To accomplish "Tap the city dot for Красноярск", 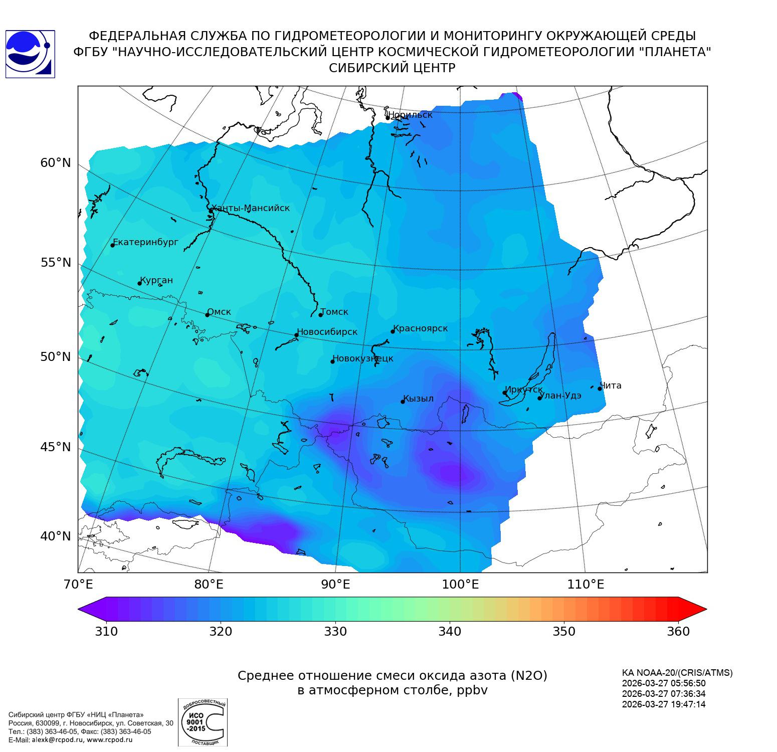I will coord(393,331).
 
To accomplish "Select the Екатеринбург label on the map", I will coord(145,242).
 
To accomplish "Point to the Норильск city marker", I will coord(387,118).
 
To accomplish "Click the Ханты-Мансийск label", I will coord(251,208).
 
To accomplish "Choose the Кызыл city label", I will coord(419,399).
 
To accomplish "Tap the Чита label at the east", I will coord(611,386).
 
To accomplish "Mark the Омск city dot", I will coord(207,315).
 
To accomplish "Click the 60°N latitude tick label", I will coord(56,163).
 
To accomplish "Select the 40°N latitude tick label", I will coord(56,536).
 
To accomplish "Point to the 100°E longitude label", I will coord(460,584).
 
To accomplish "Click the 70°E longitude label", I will coord(78,584).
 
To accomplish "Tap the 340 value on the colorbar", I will coord(450,631).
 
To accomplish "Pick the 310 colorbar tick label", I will coord(106,631).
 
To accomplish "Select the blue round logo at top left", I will coord(30,54).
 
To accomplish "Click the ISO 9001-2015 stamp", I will coord(203,722).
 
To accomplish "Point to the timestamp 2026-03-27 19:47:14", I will coord(664,704).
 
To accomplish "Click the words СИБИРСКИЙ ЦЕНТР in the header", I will coord(392,68).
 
